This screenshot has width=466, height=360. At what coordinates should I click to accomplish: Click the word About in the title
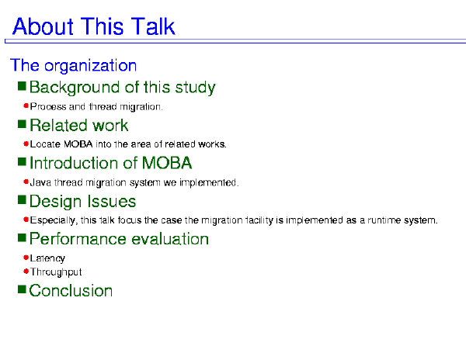43,26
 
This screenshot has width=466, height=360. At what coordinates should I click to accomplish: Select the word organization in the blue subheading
90,66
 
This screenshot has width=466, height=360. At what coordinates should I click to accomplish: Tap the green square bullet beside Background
22,86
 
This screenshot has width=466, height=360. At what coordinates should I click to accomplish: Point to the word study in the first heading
195,88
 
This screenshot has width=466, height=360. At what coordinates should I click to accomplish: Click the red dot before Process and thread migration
26,106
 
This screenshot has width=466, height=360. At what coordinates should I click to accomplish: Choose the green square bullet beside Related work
22,124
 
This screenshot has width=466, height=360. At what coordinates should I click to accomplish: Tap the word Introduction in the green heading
81,163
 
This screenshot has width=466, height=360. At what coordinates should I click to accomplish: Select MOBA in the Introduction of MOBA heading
167,163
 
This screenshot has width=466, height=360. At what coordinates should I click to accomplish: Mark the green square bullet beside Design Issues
22,200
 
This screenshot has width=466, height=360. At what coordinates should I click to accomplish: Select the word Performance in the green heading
78,239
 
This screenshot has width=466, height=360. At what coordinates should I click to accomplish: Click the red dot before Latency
26,258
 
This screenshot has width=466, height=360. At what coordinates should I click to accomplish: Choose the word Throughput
56,272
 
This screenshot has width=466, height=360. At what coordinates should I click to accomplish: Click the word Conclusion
71,290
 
